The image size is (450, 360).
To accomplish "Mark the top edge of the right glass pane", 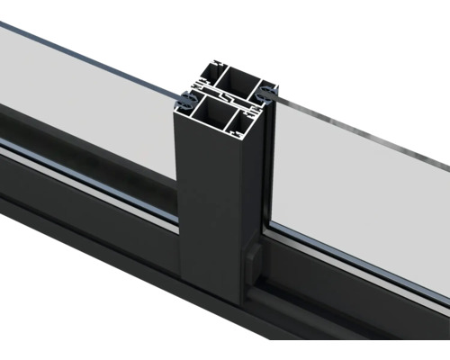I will [360, 135].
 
